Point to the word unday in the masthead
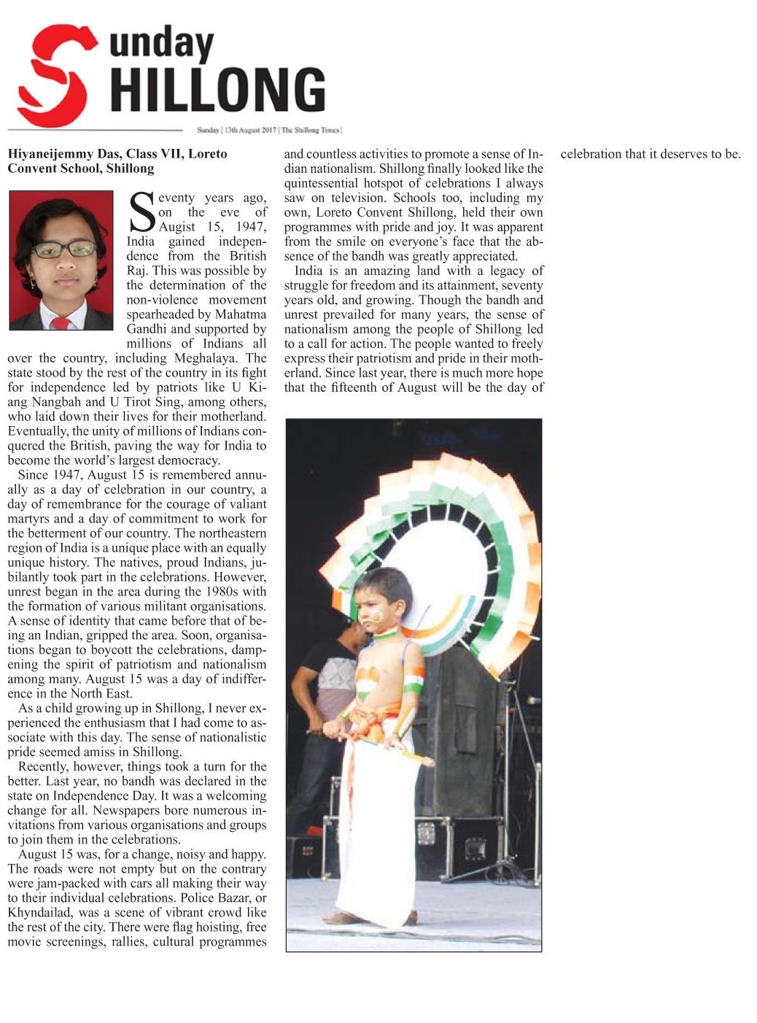click(162, 45)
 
